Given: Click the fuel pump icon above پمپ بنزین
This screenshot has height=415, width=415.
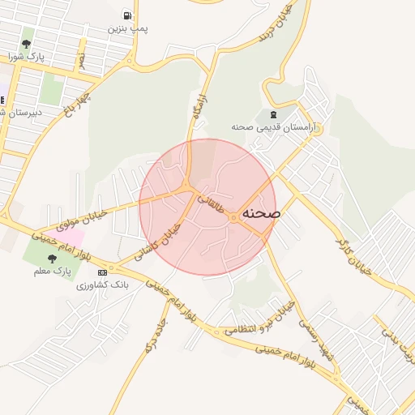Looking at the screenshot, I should (127, 15).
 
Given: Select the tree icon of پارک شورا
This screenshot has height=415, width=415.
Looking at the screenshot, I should (27, 44).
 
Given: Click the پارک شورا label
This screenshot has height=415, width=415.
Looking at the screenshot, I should (27, 57).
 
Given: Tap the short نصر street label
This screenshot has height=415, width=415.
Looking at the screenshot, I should (81, 61).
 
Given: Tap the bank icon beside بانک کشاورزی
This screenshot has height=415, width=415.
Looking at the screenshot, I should (102, 272).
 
